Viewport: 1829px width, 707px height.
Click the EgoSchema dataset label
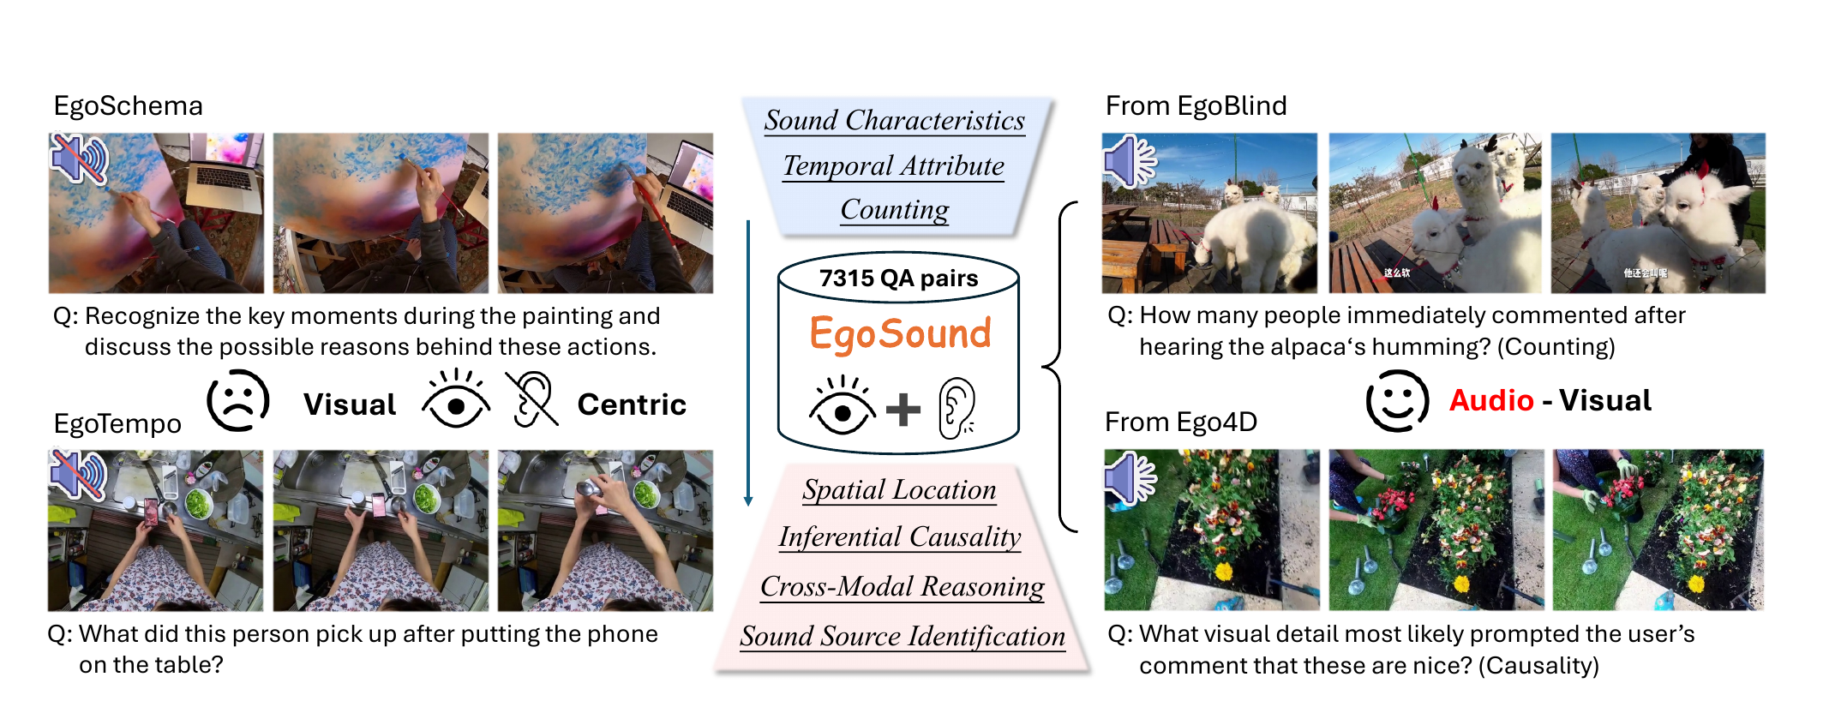click(128, 105)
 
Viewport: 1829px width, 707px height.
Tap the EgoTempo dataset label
click(117, 423)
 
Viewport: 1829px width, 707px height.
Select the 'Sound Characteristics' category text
click(894, 120)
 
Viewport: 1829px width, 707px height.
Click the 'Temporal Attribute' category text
click(893, 165)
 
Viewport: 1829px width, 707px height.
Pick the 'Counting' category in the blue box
click(895, 210)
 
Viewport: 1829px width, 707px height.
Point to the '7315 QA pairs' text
click(898, 278)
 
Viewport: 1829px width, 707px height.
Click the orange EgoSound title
click(900, 333)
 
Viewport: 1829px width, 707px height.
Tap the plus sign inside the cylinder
click(903, 409)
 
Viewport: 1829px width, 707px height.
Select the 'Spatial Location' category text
click(899, 489)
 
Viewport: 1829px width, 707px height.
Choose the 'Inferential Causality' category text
click(900, 536)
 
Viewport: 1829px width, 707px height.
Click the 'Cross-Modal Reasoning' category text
click(902, 586)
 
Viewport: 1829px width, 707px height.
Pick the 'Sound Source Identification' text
click(903, 636)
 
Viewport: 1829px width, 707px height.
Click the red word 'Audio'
click(1491, 400)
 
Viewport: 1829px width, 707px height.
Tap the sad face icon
click(237, 401)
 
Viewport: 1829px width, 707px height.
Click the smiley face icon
click(1397, 401)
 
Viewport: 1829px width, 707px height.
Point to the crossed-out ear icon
click(531, 399)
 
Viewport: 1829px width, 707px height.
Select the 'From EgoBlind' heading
click(1196, 105)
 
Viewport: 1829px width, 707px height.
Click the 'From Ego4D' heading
click(1181, 422)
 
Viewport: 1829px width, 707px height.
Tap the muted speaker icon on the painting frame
click(79, 159)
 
